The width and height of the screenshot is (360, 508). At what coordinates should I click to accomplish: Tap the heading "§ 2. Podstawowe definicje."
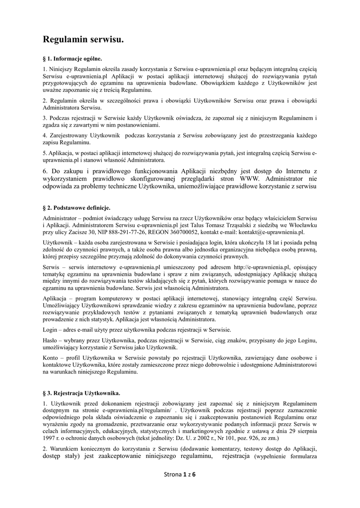[x=76, y=207]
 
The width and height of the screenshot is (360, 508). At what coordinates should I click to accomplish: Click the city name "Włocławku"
[x=304, y=225]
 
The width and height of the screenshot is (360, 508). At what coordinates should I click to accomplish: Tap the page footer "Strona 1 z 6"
[x=180, y=474]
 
